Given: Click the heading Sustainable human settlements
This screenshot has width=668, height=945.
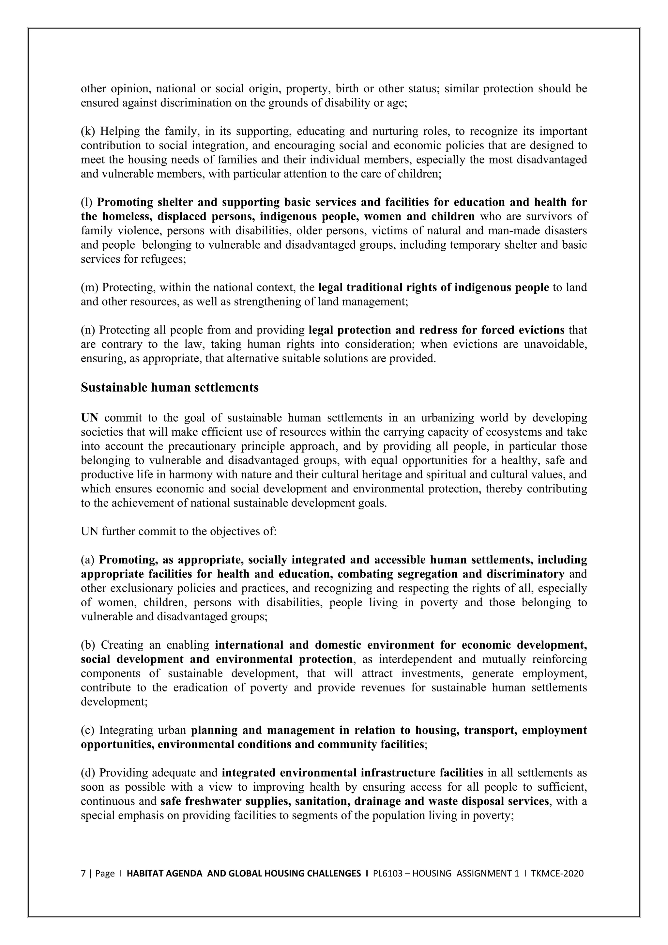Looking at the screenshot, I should click(x=170, y=388).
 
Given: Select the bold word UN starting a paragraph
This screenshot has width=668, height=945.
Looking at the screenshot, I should click(x=89, y=418).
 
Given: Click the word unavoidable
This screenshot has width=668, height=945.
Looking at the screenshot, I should click(x=555, y=344).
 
